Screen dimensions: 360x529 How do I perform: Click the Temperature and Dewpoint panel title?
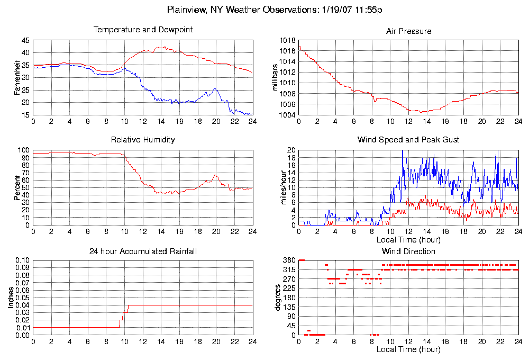click(143, 30)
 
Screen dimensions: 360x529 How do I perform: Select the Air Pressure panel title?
click(408, 31)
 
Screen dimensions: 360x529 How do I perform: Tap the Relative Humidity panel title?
click(143, 140)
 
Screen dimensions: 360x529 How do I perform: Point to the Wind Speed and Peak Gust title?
click(408, 140)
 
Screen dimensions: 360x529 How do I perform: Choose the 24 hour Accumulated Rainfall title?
click(143, 251)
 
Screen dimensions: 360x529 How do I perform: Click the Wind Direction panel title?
click(408, 251)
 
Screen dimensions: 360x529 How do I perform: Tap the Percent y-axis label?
click(17, 187)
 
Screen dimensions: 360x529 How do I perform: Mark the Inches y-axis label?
click(11, 298)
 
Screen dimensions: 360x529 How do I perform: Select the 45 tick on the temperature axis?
click(25, 40)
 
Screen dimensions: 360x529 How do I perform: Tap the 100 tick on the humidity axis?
click(24, 150)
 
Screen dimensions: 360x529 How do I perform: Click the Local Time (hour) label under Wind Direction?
click(408, 349)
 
